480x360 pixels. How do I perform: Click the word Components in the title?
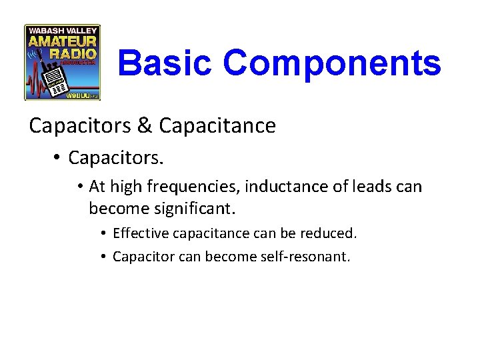[331, 63]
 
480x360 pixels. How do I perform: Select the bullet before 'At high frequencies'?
[79, 187]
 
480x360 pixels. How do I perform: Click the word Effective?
[136, 234]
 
